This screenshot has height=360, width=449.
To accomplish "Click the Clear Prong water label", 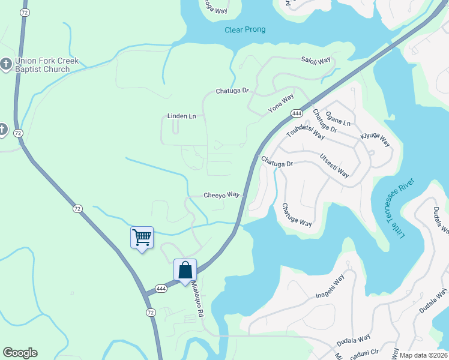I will pos(245,30).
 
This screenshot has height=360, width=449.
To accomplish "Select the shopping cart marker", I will pos(142,237).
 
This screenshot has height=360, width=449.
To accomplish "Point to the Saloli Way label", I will pos(316,61).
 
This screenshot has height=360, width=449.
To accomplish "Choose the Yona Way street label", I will pos(281,103).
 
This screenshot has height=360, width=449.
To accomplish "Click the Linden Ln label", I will pos(181,116).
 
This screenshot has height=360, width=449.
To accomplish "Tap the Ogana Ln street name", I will pos(337,118).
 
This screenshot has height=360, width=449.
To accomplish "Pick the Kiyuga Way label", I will pos(375,140).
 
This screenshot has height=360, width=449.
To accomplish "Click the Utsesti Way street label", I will pos(334,165).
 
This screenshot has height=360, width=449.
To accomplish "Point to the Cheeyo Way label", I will pos(221,195).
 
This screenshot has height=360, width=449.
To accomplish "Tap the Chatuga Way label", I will pos(297,215).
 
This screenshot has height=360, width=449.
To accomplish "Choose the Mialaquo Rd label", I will pos(198,300).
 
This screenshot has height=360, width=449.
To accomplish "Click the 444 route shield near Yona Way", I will pos(297,113).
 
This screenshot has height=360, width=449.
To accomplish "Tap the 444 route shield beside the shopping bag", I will pos(161,289).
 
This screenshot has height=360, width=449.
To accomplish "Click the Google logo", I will pos(20,353).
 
